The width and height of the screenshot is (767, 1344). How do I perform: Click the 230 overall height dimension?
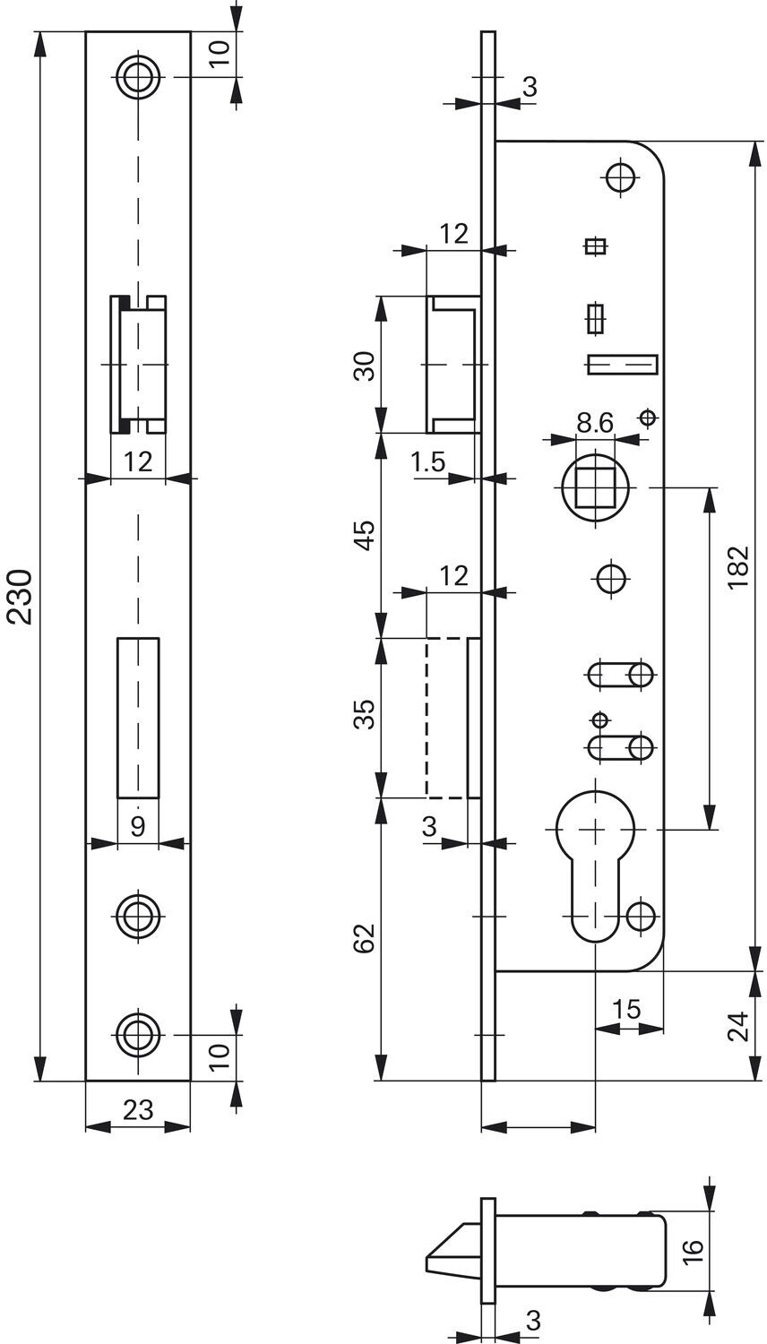(x=21, y=597)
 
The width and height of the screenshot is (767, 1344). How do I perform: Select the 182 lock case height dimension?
(x=738, y=567)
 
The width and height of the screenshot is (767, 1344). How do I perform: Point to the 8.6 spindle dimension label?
(x=595, y=423)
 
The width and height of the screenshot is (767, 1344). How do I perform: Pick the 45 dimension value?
(x=365, y=535)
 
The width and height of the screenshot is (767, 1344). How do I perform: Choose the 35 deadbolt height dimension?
(x=365, y=714)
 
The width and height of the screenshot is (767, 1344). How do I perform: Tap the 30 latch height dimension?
(x=365, y=366)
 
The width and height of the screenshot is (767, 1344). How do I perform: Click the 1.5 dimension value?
(x=428, y=462)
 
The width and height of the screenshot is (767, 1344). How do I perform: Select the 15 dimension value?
(x=627, y=1009)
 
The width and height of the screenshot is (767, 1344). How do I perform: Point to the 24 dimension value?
(x=738, y=1025)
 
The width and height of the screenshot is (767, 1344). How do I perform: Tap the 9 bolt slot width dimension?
(x=138, y=827)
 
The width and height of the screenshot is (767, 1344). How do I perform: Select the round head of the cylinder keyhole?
(x=595, y=829)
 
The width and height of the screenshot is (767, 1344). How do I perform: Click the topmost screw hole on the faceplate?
(x=139, y=77)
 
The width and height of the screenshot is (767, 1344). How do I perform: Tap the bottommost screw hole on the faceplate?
(x=139, y=1034)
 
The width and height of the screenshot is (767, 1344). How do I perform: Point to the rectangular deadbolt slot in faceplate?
(x=138, y=718)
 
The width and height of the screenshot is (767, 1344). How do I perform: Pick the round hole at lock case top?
(x=621, y=177)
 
